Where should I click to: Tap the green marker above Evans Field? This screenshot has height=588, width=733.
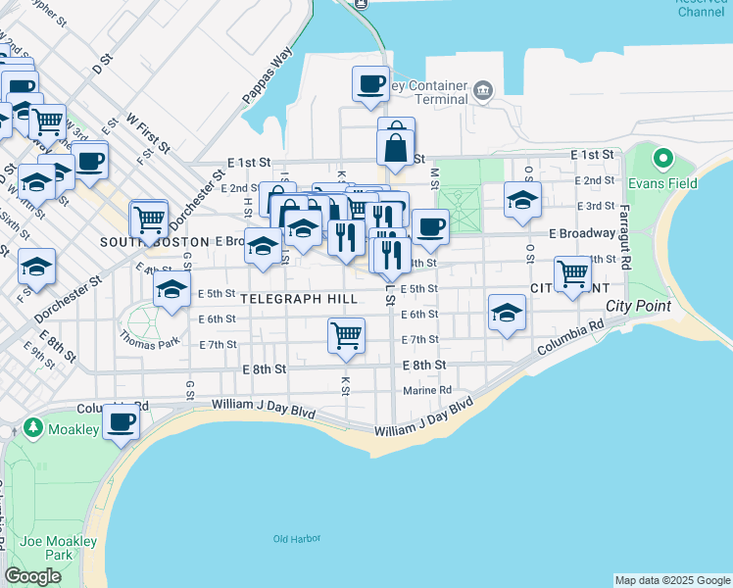[663, 158]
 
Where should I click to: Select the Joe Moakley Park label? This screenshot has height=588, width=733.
[45, 548]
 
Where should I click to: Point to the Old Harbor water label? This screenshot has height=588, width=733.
[296, 538]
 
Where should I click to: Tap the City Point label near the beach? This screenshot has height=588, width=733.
[638, 306]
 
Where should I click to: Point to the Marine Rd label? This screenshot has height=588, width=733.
[426, 390]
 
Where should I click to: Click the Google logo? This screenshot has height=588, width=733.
[32, 576]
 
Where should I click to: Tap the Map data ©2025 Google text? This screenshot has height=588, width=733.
[672, 580]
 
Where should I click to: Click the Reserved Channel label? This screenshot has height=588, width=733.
[702, 7]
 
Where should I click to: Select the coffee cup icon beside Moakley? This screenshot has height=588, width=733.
[122, 421]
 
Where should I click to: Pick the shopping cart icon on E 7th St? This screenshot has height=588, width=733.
[347, 335]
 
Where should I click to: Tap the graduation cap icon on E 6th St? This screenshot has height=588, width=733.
[507, 313]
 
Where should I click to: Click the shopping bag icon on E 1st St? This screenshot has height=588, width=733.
[395, 148]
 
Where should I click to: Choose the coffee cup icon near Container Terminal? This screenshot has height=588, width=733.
[370, 83]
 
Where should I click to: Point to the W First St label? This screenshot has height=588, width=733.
[149, 132]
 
